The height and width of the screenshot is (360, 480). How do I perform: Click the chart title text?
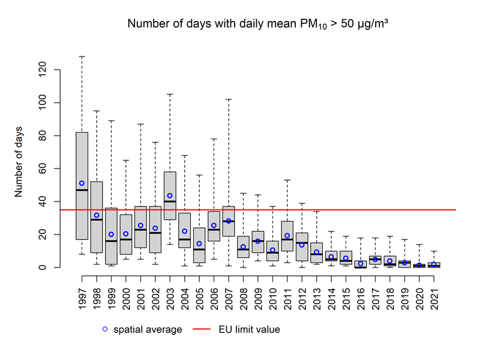click(x=259, y=25)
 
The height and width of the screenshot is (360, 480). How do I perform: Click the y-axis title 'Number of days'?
click(x=19, y=162)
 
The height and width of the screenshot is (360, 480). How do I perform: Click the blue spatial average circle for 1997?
click(x=82, y=183)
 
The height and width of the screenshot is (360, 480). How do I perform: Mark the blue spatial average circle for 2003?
click(x=170, y=196)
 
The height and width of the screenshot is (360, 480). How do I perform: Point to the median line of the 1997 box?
click(x=82, y=190)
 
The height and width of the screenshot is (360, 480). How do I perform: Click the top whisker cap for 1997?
click(x=82, y=56)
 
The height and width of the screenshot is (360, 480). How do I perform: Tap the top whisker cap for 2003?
click(x=170, y=94)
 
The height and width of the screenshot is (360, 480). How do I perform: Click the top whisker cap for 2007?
click(x=229, y=99)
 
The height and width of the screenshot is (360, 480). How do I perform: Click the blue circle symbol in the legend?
click(x=106, y=329)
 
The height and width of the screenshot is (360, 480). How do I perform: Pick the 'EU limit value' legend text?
click(x=251, y=329)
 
